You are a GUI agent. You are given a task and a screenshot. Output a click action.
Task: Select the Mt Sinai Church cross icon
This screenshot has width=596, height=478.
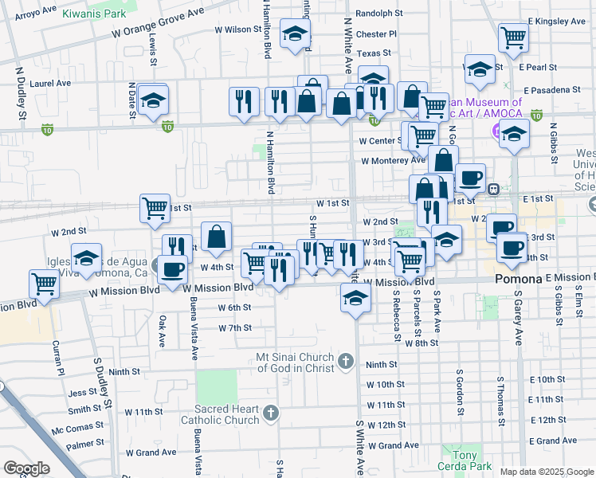[345, 362]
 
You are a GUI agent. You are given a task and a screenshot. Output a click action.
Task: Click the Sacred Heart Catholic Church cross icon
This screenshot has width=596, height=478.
[271, 413]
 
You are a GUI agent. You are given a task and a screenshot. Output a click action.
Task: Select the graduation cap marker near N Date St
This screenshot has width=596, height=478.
[151, 100]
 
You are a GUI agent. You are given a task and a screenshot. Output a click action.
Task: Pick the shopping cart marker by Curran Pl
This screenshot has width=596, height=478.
[44, 283]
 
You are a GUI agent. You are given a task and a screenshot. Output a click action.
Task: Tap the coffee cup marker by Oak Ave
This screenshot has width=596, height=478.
[172, 268]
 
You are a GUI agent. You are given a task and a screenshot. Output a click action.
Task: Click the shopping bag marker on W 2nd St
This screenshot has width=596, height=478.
[216, 235]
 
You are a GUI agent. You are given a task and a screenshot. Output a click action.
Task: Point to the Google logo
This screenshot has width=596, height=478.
[27, 468]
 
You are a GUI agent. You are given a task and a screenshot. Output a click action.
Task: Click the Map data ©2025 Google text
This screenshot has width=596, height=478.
[546, 472]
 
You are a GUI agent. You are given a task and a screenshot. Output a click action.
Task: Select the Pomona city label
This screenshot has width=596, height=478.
[519, 280]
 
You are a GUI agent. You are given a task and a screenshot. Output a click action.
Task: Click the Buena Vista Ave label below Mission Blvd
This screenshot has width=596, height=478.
[194, 329]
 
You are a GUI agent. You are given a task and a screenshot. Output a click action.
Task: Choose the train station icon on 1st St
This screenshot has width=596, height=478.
[494, 190]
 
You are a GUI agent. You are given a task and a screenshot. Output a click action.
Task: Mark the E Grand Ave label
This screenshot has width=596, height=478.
[557, 441]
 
